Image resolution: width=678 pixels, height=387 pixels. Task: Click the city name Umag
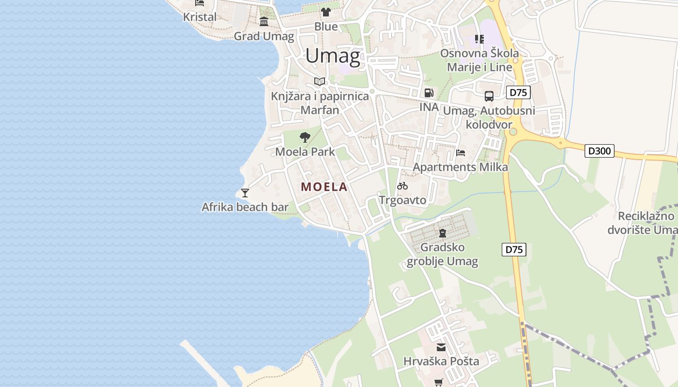pyautogui.click(x=333, y=56)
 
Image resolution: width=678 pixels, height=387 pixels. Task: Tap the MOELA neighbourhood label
pyautogui.click(x=324, y=187)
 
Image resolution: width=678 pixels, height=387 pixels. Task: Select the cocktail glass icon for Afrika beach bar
pyautogui.click(x=245, y=193)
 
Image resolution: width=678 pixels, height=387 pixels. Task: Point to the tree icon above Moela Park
pyautogui.click(x=305, y=137)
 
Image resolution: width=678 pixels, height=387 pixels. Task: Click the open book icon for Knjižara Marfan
pyautogui.click(x=320, y=82)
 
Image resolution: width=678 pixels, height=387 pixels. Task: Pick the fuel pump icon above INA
pyautogui.click(x=429, y=92)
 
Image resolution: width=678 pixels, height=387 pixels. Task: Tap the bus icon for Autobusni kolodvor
pyautogui.click(x=489, y=96)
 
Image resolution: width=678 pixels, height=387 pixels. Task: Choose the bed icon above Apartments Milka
pyautogui.click(x=461, y=153)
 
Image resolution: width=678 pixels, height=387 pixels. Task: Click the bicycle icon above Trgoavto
pyautogui.click(x=402, y=186)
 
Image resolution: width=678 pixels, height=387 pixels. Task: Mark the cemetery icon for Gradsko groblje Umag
pyautogui.click(x=442, y=233)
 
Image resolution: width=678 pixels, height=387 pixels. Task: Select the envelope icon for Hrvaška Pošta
pyautogui.click(x=441, y=347)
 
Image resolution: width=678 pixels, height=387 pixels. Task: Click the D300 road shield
pyautogui.click(x=600, y=151)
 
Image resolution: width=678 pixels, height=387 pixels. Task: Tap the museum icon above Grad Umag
pyautogui.click(x=264, y=22)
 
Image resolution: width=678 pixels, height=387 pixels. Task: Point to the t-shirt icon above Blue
pyautogui.click(x=325, y=12)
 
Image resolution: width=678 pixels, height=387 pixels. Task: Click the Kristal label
pyautogui.click(x=200, y=17)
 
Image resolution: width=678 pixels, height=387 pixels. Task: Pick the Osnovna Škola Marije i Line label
pyautogui.click(x=479, y=60)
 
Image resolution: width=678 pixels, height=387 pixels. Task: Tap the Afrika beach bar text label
pyautogui.click(x=245, y=207)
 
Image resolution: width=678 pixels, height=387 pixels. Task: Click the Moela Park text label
pyautogui.click(x=305, y=151)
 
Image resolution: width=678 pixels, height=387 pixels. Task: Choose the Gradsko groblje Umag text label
pyautogui.click(x=442, y=254)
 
